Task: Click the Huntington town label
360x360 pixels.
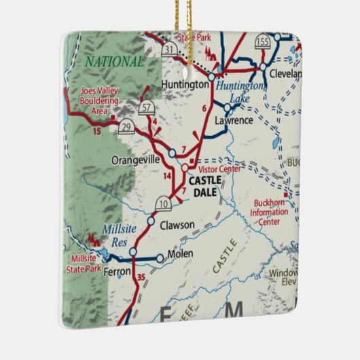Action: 185,85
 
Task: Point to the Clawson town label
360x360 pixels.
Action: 177,225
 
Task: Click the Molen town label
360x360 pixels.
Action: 179,254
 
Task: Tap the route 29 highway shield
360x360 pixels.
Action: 125,127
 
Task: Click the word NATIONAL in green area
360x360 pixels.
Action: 115,62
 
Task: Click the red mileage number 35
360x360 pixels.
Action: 141,278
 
